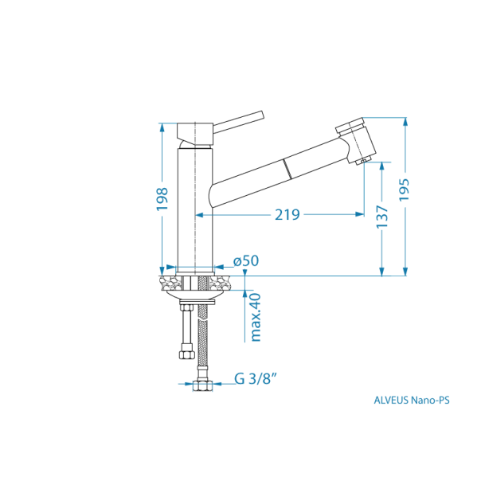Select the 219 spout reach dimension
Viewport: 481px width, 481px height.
[x=287, y=214]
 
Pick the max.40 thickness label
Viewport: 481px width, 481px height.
[x=256, y=316]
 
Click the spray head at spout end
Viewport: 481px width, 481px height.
[x=356, y=139]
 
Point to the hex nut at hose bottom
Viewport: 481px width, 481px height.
[x=204, y=385]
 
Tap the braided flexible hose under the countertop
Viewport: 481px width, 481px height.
[x=204, y=334]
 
